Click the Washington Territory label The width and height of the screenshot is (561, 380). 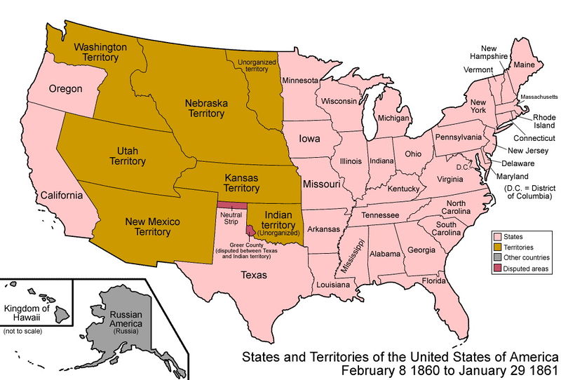click(101, 53)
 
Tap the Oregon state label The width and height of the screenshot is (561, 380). click(65, 89)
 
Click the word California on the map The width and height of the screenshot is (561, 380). click(62, 195)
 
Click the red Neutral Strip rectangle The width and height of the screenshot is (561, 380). click(231, 205)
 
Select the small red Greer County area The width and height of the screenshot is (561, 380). click(250, 230)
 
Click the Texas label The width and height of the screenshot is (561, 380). click(254, 276)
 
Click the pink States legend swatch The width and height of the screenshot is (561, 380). click(499, 238)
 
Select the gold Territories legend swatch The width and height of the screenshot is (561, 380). click(499, 247)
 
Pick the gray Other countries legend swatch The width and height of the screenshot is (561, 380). click(499, 258)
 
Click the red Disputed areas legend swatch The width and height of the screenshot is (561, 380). click(499, 269)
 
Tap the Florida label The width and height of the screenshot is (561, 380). click(434, 281)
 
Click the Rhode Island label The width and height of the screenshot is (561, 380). click(543, 122)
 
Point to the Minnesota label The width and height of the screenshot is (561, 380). click(301, 80)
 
